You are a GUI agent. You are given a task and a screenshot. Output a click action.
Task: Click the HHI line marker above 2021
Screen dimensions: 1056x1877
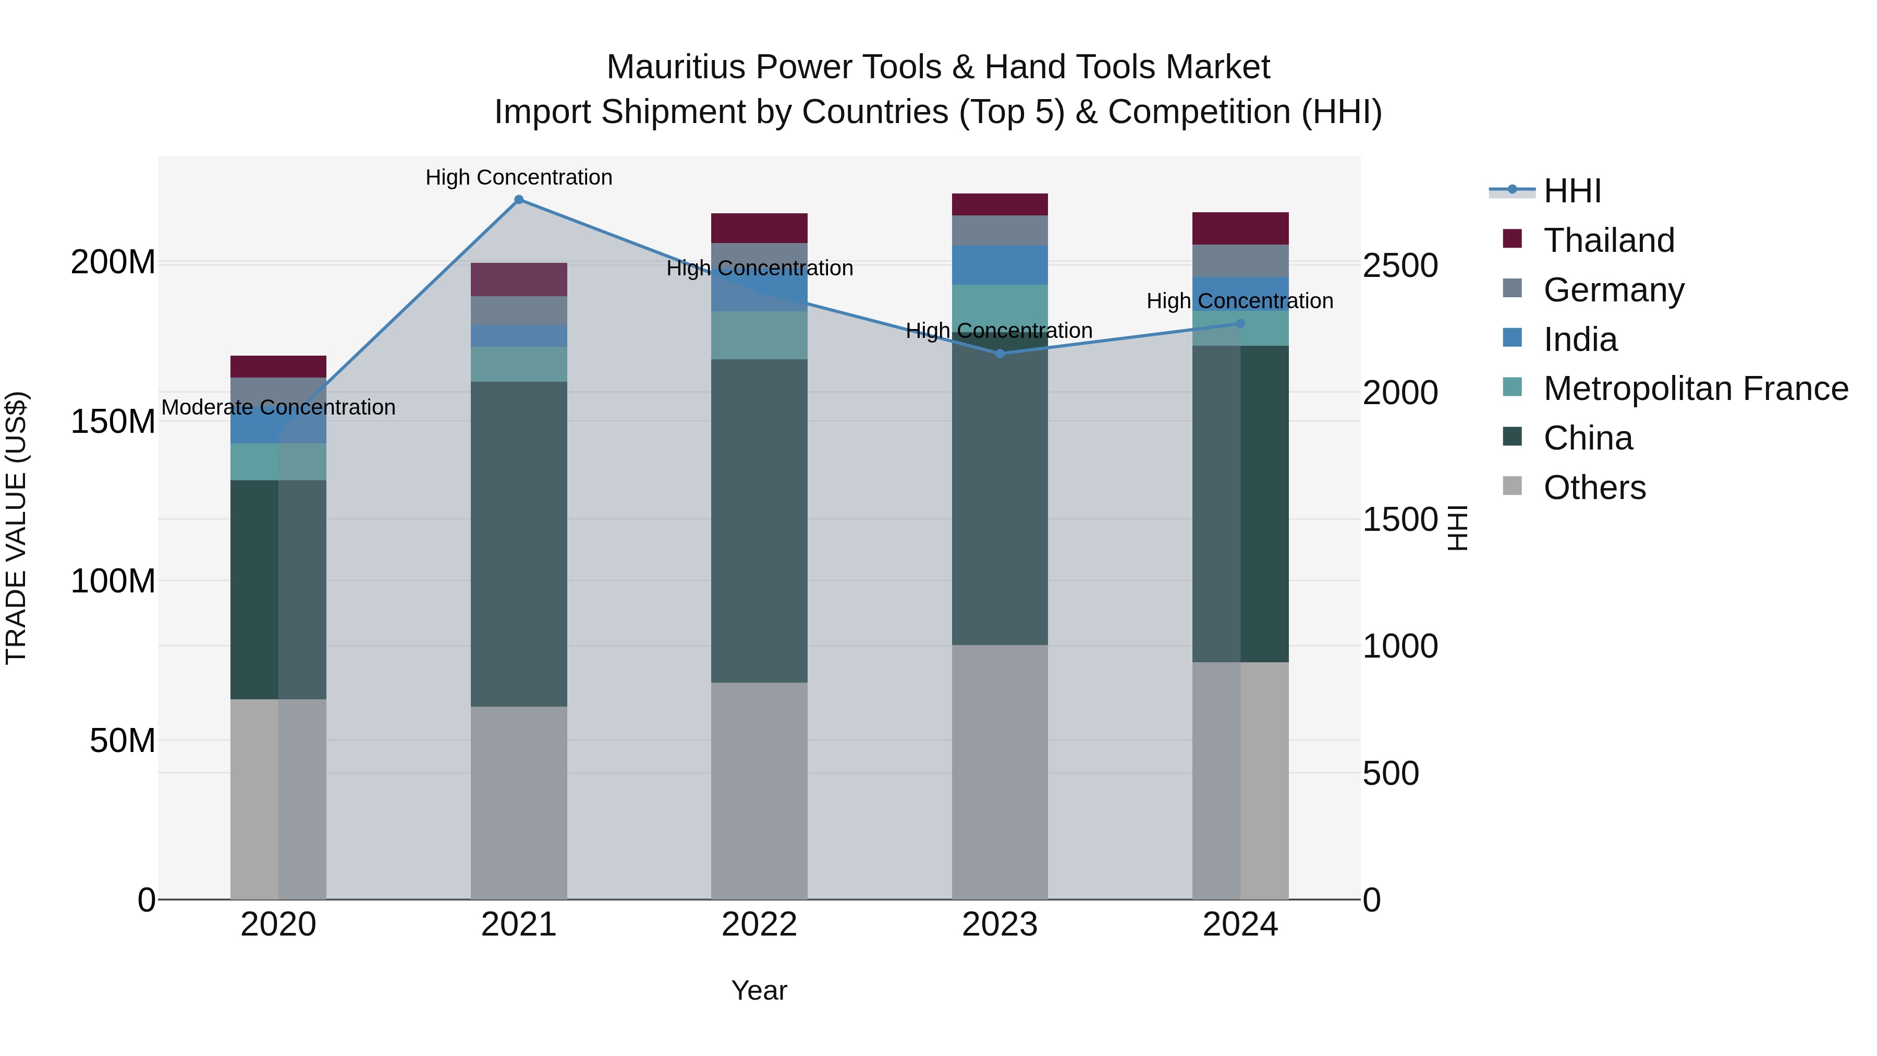coord(519,200)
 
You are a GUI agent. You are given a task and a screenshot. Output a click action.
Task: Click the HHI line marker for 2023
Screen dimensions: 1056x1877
coord(1000,354)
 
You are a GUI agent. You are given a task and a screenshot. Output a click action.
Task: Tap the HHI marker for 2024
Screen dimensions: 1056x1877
coord(1240,323)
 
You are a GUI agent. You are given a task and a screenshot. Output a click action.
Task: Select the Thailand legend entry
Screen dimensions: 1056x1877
coord(1609,240)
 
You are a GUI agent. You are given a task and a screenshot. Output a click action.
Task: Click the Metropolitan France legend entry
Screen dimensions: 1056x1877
coord(1696,389)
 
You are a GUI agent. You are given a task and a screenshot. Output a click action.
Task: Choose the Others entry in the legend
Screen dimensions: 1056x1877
coord(1594,488)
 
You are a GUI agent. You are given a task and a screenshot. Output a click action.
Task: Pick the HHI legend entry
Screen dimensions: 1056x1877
coord(1571,191)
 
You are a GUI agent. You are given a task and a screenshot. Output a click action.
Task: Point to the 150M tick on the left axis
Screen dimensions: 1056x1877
coord(113,422)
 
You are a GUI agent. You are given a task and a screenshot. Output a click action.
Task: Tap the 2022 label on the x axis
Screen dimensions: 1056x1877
coord(759,925)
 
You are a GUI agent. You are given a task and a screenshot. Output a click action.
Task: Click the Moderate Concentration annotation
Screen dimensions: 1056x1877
coord(278,407)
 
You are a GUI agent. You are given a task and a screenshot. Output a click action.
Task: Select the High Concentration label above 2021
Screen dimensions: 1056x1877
coord(519,177)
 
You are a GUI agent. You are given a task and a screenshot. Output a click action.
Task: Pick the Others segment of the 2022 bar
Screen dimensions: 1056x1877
coord(759,791)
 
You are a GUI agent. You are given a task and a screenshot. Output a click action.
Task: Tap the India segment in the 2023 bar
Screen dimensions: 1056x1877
coord(1000,265)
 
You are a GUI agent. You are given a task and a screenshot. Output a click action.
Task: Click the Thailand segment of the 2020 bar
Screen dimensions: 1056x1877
coord(278,366)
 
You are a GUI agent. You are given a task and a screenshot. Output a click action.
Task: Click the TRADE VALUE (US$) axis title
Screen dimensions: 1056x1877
coord(16,528)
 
